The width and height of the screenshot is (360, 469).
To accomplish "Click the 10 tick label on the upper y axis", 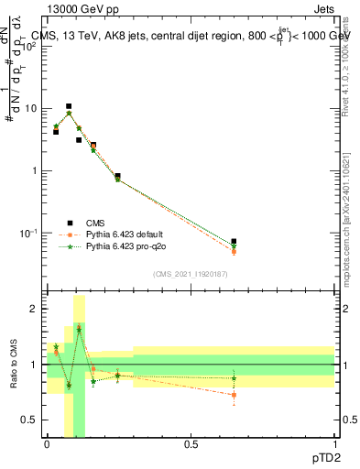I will tap(30, 108).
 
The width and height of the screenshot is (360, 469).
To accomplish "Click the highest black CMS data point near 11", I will tap(68, 106).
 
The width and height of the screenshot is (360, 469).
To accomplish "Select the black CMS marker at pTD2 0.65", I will tap(234, 242).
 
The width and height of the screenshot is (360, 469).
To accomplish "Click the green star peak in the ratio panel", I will tap(79, 328).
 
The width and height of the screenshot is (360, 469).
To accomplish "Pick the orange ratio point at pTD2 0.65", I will tap(234, 395).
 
